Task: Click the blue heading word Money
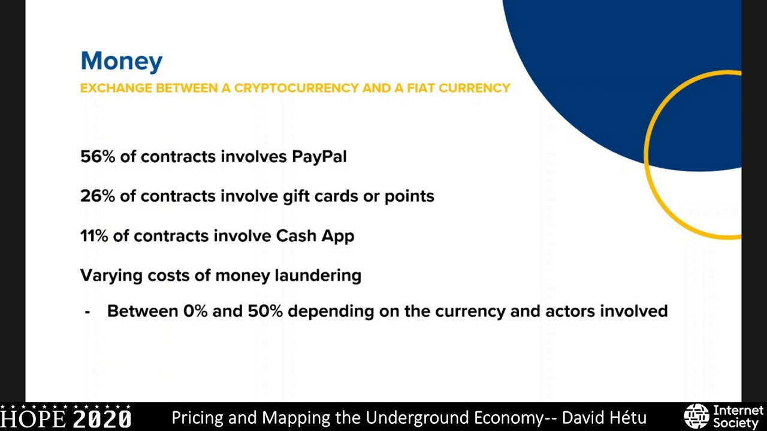122,61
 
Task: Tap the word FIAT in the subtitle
421,89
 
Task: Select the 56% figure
97,157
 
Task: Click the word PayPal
319,157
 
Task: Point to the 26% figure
97,196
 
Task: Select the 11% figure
94,236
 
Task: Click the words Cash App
315,236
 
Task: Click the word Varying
111,275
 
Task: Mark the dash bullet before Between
87,312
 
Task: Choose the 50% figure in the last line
265,311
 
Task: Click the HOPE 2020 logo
66,417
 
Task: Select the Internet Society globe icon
696,416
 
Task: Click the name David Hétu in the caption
604,417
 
